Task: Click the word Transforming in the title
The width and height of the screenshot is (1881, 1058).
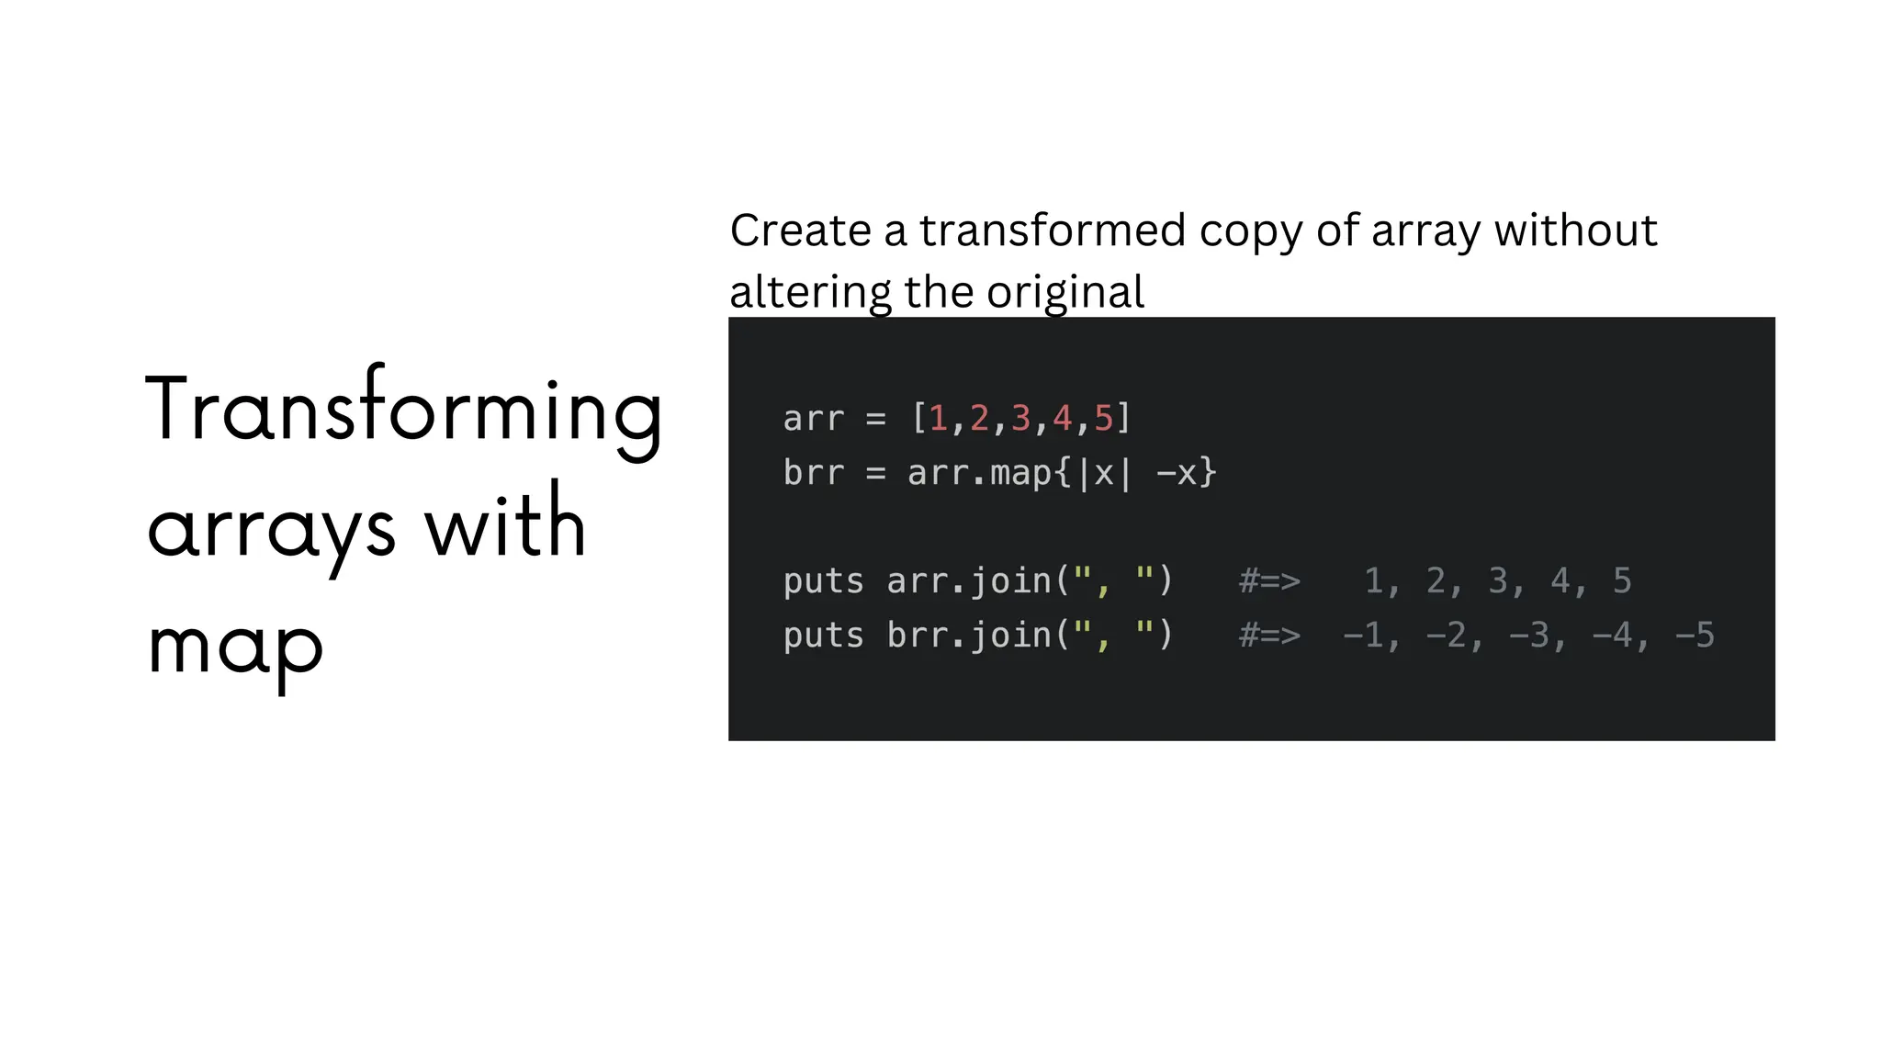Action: point(404,411)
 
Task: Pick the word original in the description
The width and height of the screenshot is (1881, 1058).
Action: point(1065,292)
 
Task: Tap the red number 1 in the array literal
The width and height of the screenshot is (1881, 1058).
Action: point(938,419)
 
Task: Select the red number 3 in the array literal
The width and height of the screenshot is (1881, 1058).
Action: point(1020,419)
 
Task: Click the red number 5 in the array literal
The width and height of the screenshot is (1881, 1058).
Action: point(1103,419)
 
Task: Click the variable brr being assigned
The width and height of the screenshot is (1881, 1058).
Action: point(814,473)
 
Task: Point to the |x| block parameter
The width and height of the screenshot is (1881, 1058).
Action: point(1103,473)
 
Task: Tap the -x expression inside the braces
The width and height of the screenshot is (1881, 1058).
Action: point(1177,473)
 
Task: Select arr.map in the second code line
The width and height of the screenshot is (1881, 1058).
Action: point(979,473)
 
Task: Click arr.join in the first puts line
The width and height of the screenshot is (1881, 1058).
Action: point(969,581)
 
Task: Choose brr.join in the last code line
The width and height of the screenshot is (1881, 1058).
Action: point(969,636)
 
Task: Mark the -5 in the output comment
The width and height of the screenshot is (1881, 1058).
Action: point(1695,636)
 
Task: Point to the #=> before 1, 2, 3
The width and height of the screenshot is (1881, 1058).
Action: point(1269,581)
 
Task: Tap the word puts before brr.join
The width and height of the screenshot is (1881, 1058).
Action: point(824,636)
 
